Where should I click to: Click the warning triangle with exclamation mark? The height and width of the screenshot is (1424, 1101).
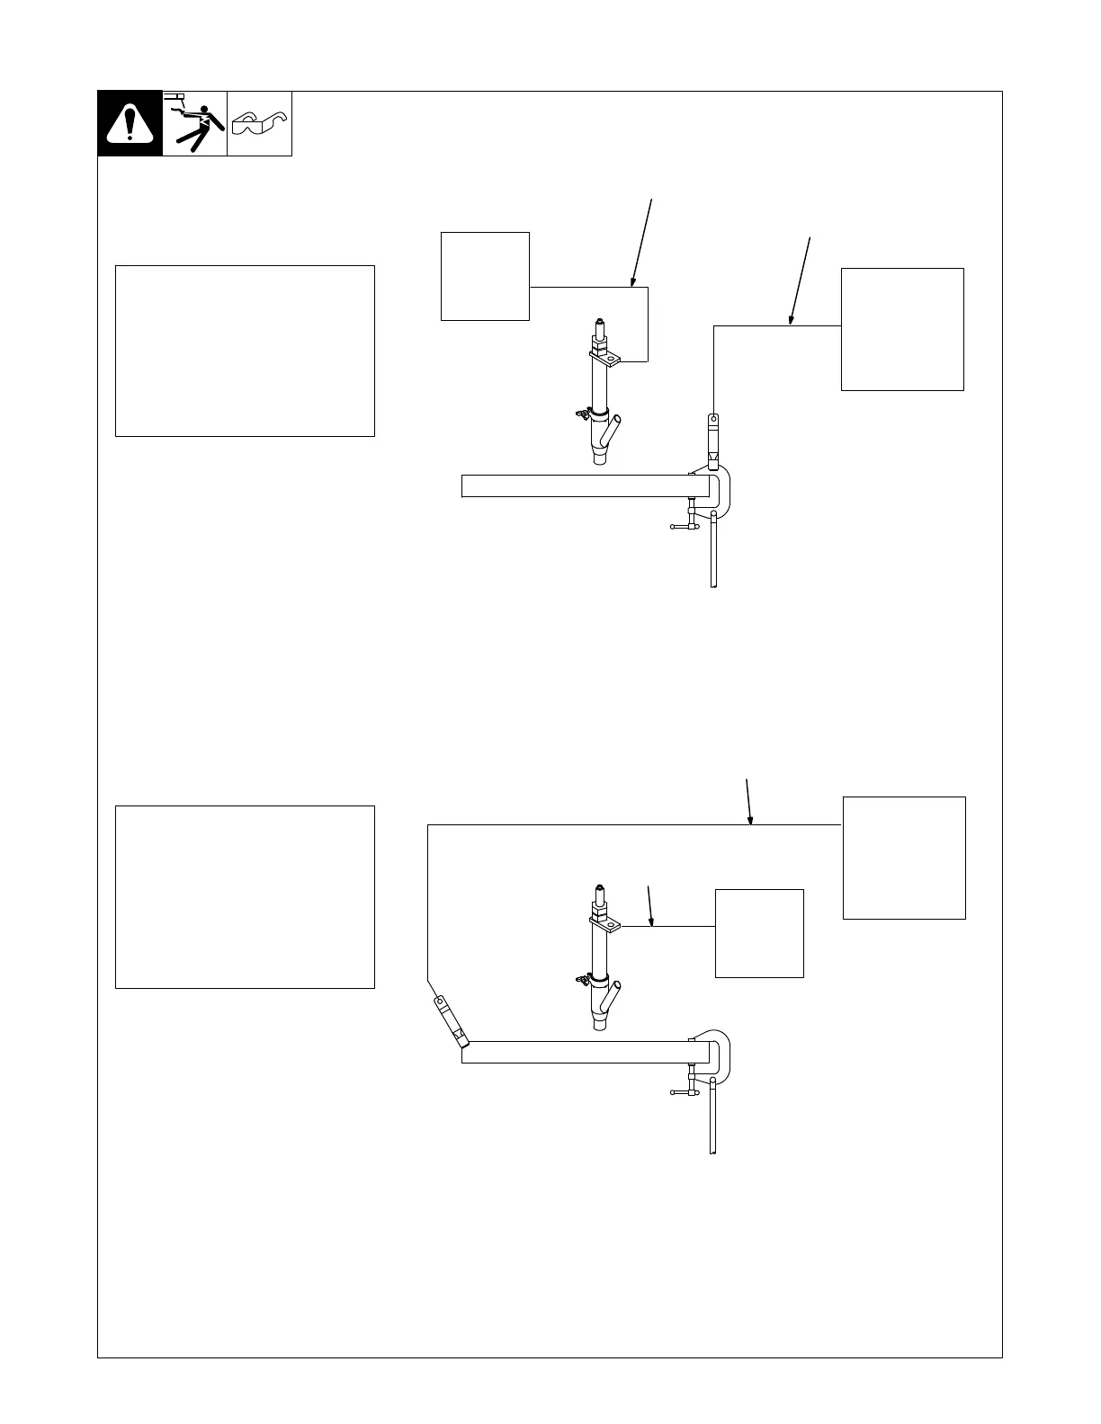130,123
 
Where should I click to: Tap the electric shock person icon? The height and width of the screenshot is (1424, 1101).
194,123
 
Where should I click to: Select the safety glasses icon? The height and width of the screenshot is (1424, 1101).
259,123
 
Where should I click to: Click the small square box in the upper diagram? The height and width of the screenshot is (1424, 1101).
485,276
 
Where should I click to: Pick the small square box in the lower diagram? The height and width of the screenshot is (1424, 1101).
759,933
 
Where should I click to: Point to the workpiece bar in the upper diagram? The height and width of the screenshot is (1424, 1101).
576,485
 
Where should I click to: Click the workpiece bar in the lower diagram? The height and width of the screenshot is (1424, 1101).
576,1052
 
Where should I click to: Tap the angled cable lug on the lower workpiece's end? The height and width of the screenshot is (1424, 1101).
450,1021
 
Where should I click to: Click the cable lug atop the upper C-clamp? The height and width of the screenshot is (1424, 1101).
713,441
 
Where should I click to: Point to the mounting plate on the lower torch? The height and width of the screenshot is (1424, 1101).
604,923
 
